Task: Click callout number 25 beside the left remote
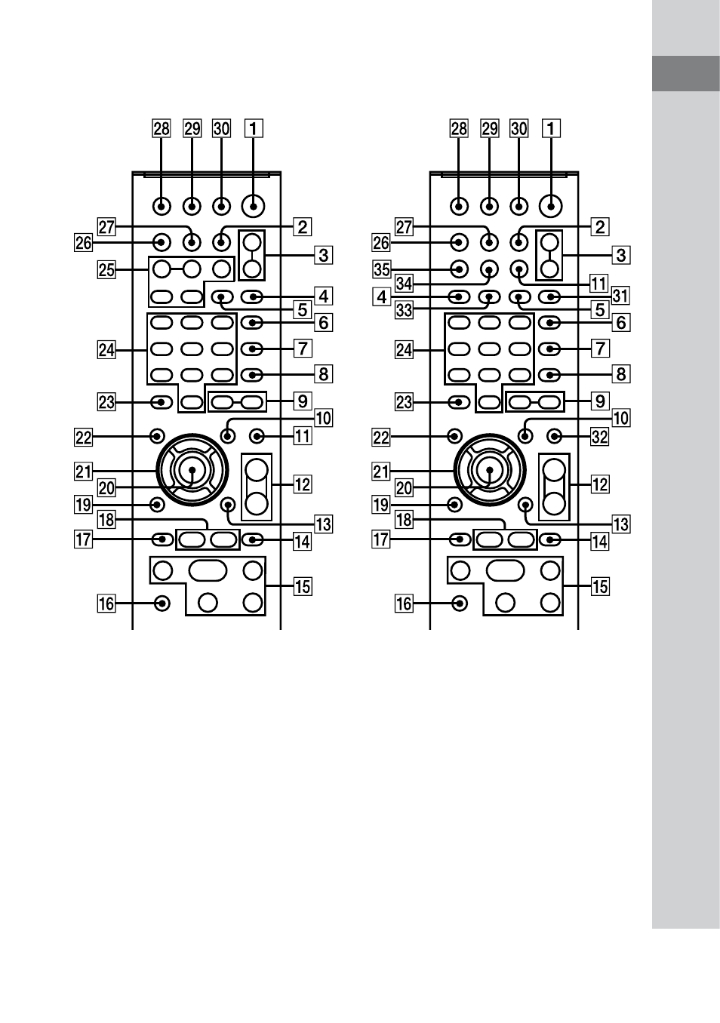click(x=106, y=270)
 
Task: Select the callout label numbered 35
click(x=381, y=269)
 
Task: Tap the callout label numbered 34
click(x=405, y=284)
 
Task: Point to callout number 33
click(x=405, y=310)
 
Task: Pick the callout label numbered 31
click(x=620, y=296)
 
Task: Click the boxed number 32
click(x=599, y=437)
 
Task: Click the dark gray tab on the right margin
click(x=686, y=73)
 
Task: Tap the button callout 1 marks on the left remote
click(x=253, y=207)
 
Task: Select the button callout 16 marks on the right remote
click(x=459, y=604)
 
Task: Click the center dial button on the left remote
click(x=192, y=470)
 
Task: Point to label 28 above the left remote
click(x=162, y=129)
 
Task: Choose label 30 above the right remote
click(x=519, y=129)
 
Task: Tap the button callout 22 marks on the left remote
click(x=157, y=436)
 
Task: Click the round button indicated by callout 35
click(x=459, y=269)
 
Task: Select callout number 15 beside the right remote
click(x=600, y=587)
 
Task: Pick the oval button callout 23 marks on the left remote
click(x=162, y=402)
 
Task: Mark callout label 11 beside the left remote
click(x=303, y=436)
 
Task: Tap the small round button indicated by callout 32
click(x=554, y=437)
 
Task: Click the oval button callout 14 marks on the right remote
click(x=550, y=540)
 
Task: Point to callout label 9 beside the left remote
click(x=303, y=401)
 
